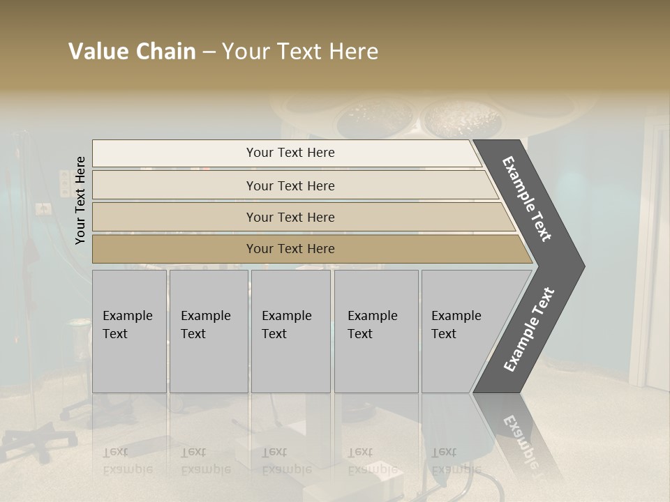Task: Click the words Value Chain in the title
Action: pos(132,52)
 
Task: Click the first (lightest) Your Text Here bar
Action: pos(290,153)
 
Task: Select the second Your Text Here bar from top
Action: pos(290,185)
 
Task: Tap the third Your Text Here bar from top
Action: pos(290,217)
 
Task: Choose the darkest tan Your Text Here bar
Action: pos(290,249)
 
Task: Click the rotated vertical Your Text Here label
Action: pos(81,200)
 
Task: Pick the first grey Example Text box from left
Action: pos(129,331)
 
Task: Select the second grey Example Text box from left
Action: pos(209,331)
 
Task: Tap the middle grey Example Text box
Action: pos(290,331)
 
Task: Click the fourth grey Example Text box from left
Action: pos(375,331)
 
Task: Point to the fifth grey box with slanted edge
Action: pos(461,331)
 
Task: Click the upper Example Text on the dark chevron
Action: pos(527,199)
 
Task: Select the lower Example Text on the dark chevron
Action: pos(529,330)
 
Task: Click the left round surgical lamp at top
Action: pos(368,116)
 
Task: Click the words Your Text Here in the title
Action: pos(300,52)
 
